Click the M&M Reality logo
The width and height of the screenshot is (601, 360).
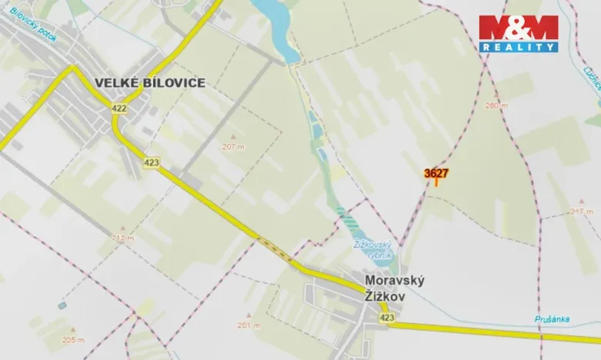point(518,33)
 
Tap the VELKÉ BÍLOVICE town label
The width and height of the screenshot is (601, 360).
point(150,83)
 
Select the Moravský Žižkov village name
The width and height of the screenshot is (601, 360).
point(395,287)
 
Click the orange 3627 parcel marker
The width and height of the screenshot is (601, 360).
point(436,175)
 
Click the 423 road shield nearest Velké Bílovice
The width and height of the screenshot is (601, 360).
point(151,162)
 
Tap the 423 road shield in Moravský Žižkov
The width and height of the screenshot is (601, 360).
point(386,317)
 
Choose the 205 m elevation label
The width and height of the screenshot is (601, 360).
point(74,339)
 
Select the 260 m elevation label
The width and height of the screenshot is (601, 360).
point(497,105)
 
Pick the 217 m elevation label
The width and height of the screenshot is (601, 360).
point(583,212)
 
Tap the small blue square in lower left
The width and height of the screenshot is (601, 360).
point(62,305)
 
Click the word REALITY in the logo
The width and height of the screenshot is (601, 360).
point(519,47)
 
